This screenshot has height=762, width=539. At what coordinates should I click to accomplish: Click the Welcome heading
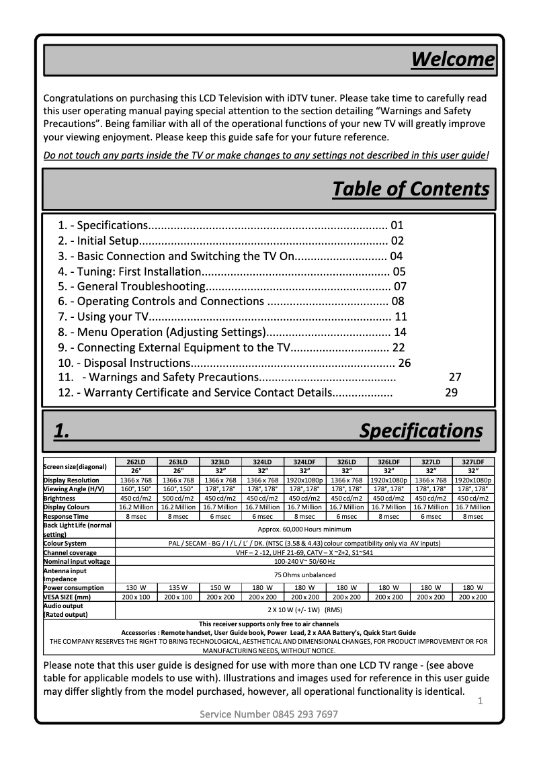point(452,59)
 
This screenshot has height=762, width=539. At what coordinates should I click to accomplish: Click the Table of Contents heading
point(411,189)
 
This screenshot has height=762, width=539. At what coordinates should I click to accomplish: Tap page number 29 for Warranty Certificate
point(451,392)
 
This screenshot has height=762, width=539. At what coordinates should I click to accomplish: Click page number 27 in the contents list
point(455,377)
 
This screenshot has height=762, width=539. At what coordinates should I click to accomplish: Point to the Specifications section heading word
point(421,431)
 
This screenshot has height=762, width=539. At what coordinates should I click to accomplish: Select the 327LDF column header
point(472,462)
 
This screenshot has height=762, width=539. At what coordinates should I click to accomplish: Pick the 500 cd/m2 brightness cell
point(178,499)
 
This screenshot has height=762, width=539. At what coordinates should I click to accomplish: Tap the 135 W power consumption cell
point(178,587)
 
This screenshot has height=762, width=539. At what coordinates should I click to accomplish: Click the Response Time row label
point(66,517)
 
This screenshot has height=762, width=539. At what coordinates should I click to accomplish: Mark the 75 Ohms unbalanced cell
point(304,575)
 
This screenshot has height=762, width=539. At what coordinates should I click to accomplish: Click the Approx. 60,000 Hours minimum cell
point(304,530)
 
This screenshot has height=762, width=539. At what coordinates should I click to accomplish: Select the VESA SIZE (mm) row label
point(67,597)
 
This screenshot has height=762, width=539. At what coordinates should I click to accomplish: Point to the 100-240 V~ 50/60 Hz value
point(304,561)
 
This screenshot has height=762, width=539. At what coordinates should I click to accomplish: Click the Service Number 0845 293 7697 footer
point(269,714)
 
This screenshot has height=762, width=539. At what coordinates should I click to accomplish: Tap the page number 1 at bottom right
point(481,702)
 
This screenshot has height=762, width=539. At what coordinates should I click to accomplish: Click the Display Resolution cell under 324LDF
point(304,480)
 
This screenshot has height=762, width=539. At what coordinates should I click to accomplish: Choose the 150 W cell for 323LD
point(220,587)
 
